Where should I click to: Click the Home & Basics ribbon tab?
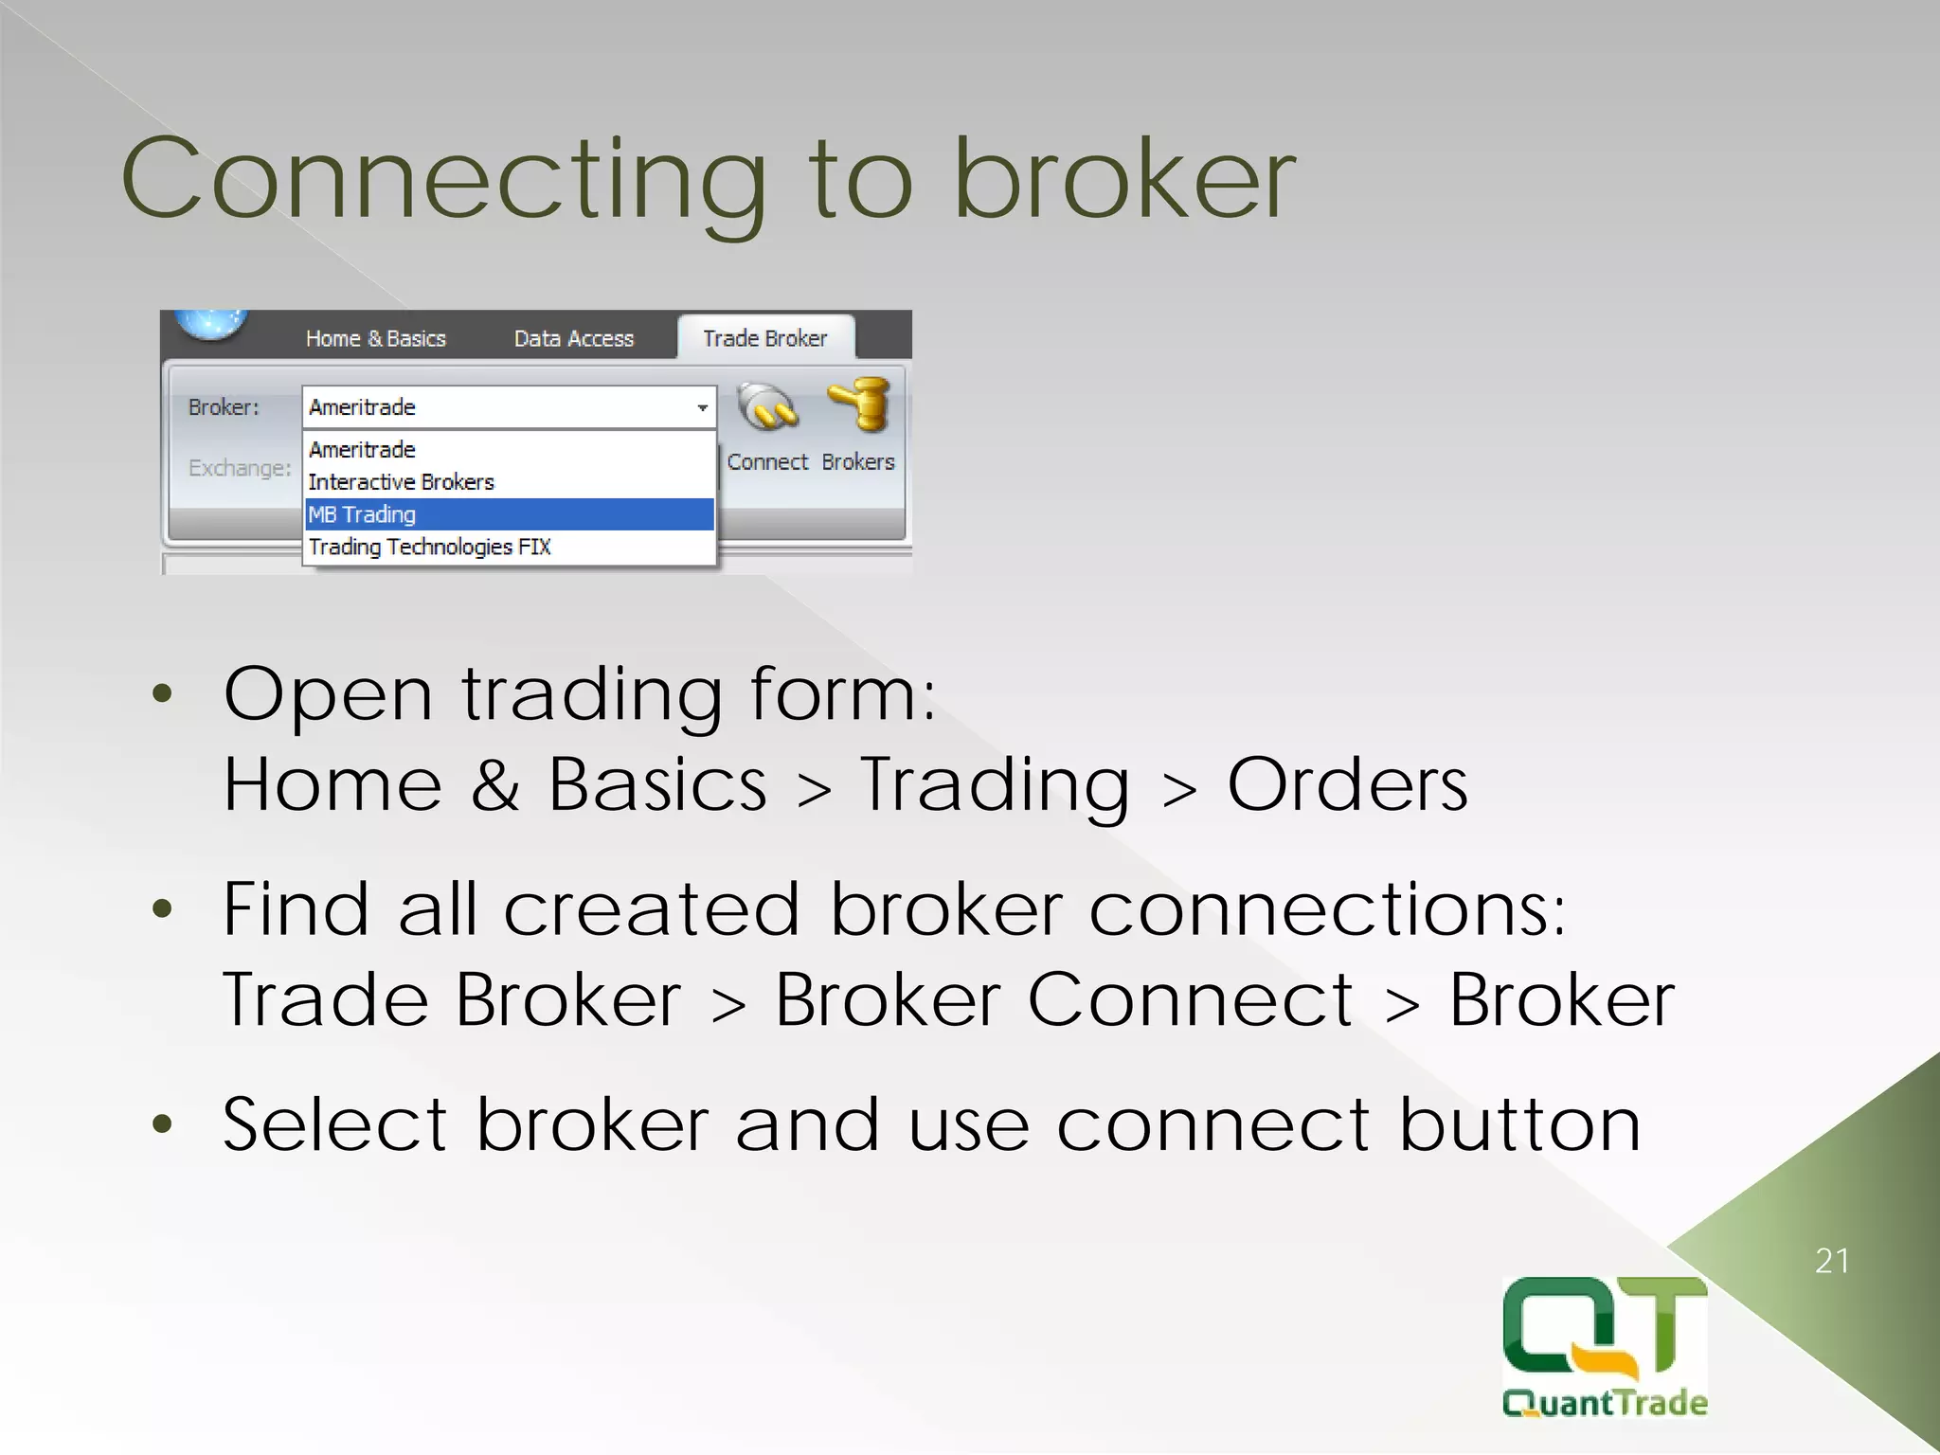tap(375, 339)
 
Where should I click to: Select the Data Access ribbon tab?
tap(573, 339)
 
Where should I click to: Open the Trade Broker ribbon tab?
tap(764, 338)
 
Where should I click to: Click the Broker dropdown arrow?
tap(702, 408)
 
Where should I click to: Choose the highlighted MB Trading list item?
tap(509, 514)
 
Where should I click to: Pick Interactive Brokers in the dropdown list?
tap(402, 482)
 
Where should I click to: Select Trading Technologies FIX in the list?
tap(429, 547)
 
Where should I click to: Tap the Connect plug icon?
tap(767, 407)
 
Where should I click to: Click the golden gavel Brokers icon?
tap(859, 405)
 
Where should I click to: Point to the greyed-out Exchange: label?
tap(240, 468)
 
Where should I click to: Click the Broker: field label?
tap(224, 407)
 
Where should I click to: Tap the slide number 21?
tap(1831, 1261)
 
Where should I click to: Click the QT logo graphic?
tap(1604, 1326)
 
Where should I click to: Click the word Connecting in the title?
tap(443, 180)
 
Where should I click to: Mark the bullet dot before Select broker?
tap(163, 1124)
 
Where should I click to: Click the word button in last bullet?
tap(1519, 1124)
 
